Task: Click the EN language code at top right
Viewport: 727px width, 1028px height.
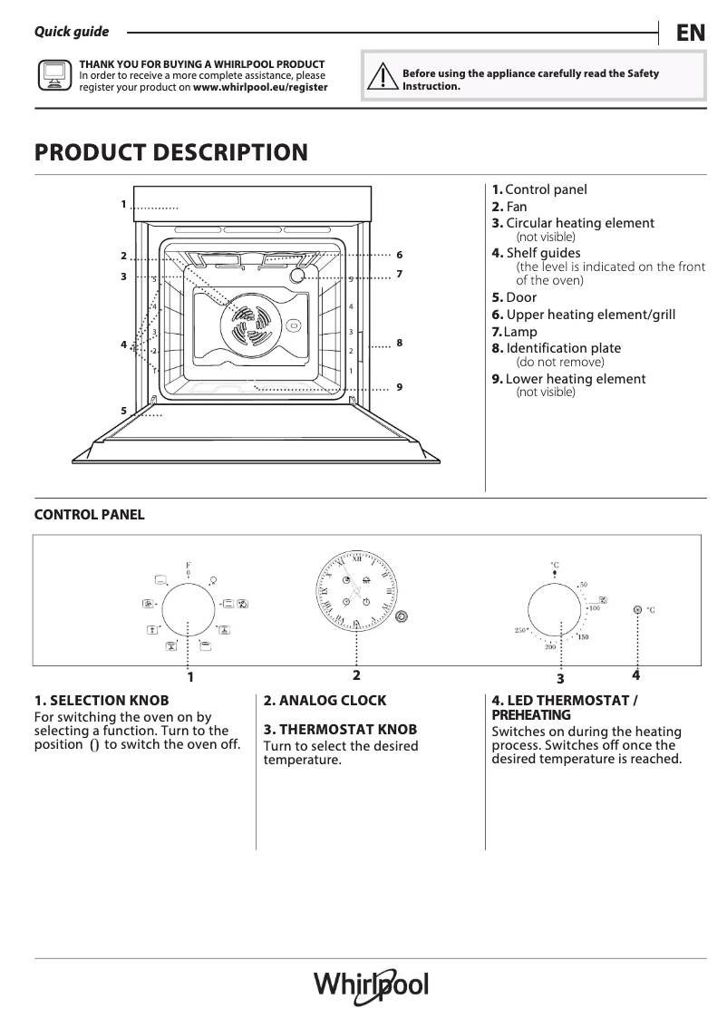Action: [x=690, y=34]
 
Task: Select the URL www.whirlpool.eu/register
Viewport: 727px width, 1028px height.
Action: [x=260, y=88]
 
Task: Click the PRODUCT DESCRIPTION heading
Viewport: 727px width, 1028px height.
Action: [x=171, y=152]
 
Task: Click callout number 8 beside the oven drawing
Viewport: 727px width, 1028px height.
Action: [x=399, y=343]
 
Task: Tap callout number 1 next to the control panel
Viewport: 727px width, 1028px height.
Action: [x=123, y=204]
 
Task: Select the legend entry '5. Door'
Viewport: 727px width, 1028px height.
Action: [x=514, y=297]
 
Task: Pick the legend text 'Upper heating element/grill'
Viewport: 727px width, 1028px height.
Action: [x=590, y=315]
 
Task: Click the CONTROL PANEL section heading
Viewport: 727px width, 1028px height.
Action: [x=89, y=515]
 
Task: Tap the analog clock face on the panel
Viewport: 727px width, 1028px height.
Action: [x=356, y=593]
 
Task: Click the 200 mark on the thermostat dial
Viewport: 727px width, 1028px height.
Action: [x=549, y=646]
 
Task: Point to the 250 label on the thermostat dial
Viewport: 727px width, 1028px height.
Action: [x=520, y=630]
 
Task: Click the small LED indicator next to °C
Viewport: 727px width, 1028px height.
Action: [x=637, y=610]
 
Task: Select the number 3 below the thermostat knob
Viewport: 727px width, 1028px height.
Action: [x=560, y=678]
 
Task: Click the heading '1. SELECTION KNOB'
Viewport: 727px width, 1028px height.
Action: [x=102, y=701]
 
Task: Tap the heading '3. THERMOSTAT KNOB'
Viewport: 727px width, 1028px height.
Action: [x=340, y=729]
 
